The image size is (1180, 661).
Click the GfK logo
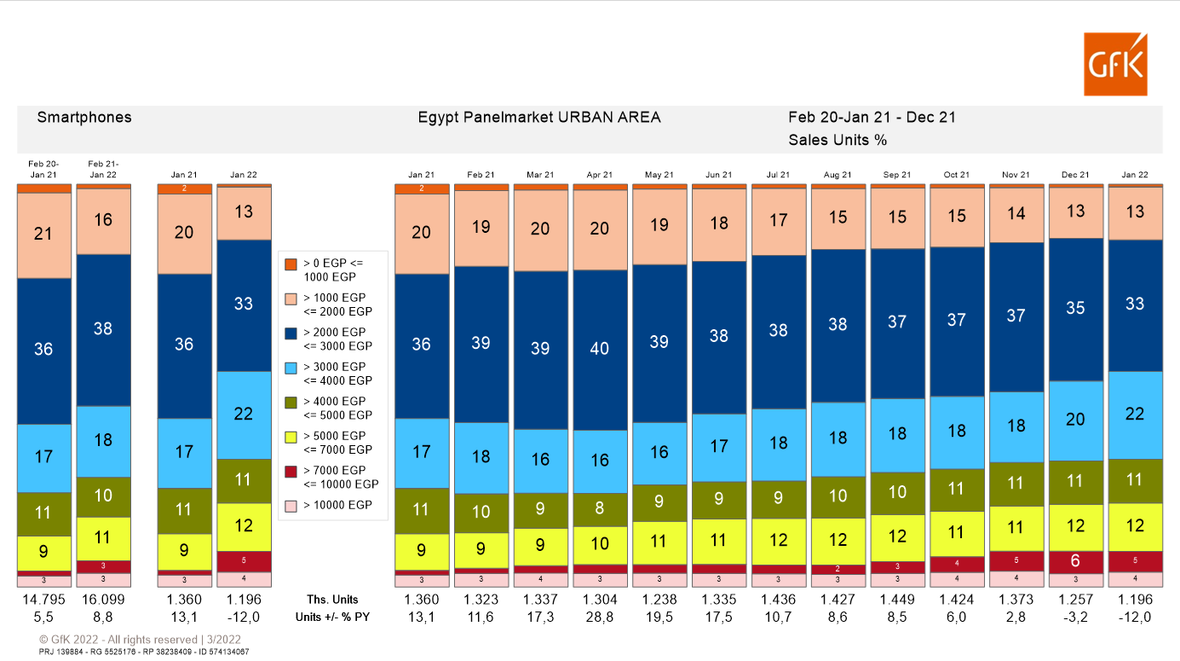1115,64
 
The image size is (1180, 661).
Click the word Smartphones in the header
84,118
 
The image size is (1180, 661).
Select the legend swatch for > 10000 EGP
291,506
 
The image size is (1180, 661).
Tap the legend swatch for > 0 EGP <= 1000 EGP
291,264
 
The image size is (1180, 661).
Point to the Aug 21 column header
838,175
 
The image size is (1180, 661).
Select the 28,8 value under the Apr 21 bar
600,616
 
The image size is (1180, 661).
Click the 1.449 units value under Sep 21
897,599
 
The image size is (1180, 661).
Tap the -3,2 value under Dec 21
1075,616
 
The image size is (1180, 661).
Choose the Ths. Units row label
332,599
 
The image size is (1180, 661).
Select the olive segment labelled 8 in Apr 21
600,509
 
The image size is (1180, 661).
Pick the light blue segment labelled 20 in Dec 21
1075,420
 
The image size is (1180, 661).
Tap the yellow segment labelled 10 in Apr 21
600,544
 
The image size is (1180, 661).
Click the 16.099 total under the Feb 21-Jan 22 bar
103,599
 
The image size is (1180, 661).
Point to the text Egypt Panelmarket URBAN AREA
538,118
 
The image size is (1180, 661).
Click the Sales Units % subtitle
838,140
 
